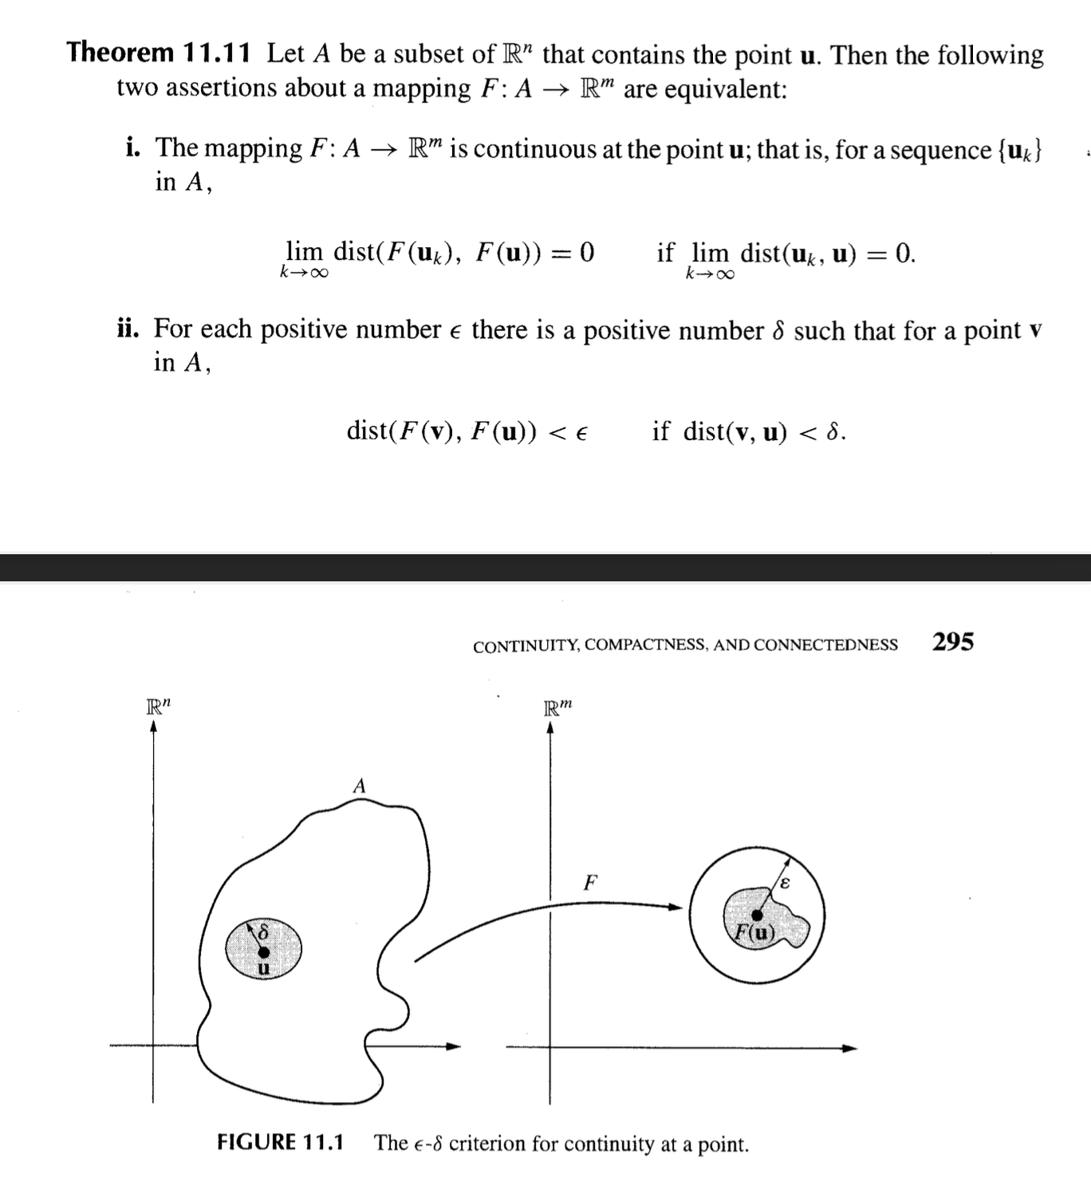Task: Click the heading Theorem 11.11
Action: coord(158,53)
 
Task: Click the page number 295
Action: coord(953,642)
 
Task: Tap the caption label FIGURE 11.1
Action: coord(280,1142)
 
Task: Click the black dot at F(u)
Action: coord(756,915)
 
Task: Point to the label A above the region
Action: coord(359,786)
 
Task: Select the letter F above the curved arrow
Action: coord(590,883)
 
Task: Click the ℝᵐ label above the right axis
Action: coord(557,707)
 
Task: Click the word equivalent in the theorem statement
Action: coord(725,89)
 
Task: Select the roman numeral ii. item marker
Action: coord(128,329)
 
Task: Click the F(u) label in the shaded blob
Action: coord(754,931)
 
